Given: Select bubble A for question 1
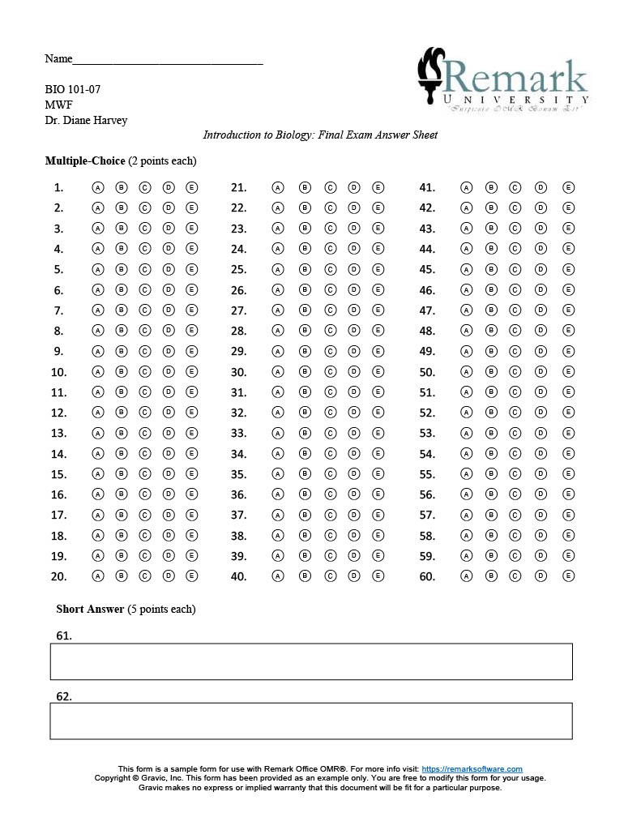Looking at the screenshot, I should pyautogui.click(x=98, y=187).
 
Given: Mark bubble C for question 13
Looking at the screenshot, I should pyautogui.click(x=145, y=433).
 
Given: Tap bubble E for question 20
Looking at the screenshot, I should pyautogui.click(x=192, y=576).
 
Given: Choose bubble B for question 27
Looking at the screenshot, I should pyautogui.click(x=306, y=310).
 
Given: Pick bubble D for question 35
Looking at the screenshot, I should pyautogui.click(x=354, y=474).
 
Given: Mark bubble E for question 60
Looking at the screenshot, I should pyautogui.click(x=568, y=576).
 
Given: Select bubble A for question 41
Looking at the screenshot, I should pyautogui.click(x=466, y=187).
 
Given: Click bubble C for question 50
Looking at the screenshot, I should pyautogui.click(x=515, y=372).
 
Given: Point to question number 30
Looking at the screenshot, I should pyautogui.click(x=238, y=373).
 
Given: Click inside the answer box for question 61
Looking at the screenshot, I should pyautogui.click(x=311, y=661).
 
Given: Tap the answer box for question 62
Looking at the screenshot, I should pyautogui.click(x=311, y=721).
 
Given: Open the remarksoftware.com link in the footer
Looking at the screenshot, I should pyautogui.click(x=472, y=768).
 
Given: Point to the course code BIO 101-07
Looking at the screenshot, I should pyautogui.click(x=73, y=90).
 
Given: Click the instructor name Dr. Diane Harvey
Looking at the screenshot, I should pyautogui.click(x=86, y=121).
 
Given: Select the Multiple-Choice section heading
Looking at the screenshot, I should pyautogui.click(x=85, y=161).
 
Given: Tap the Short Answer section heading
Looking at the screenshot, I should pyautogui.click(x=90, y=609).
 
